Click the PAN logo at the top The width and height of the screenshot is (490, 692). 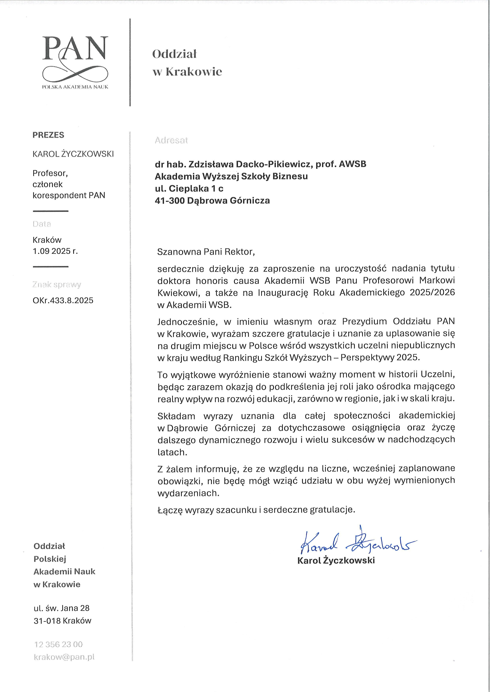tap(75, 62)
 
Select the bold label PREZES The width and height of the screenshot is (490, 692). tap(48, 135)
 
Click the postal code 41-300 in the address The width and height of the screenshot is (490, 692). tap(170, 200)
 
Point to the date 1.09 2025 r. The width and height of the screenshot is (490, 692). tap(55, 251)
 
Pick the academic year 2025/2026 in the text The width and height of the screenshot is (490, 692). tap(432, 293)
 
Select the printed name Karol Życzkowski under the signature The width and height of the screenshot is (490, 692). tap(336, 560)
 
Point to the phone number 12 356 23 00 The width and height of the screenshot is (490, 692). tap(58, 644)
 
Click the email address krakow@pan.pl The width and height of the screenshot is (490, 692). tap(64, 657)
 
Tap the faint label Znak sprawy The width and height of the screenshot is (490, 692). tap(57, 285)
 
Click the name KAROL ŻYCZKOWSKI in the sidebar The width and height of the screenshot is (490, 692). tap(73, 154)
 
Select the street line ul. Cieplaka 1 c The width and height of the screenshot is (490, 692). tap(189, 188)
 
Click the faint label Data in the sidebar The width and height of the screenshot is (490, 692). tap(42, 224)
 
